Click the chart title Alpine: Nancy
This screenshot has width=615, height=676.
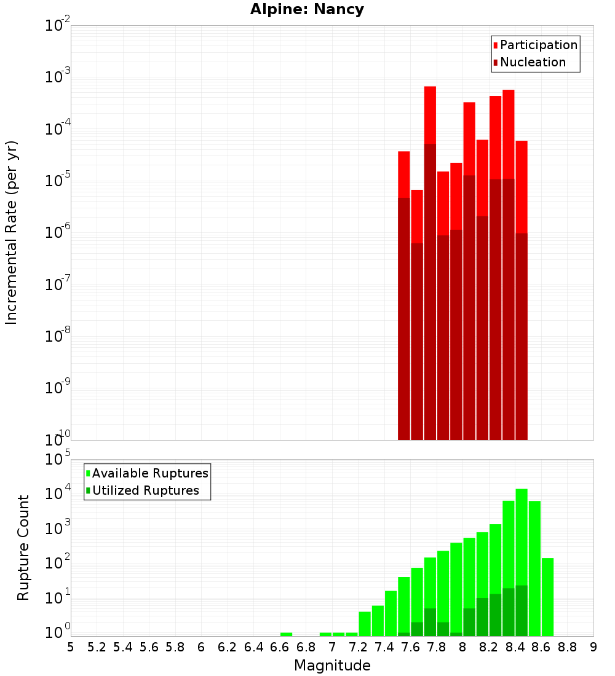(307, 10)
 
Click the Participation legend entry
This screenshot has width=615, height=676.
(538, 45)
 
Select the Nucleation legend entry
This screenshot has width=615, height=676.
(532, 62)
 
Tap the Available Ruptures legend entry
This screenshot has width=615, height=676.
(150, 473)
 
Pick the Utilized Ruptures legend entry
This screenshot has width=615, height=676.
(145, 490)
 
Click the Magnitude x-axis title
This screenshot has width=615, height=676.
(332, 666)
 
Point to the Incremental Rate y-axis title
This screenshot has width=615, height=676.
(12, 232)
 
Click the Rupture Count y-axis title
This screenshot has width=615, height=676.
(23, 547)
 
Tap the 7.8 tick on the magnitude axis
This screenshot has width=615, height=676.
(437, 647)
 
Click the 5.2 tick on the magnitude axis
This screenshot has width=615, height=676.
(97, 647)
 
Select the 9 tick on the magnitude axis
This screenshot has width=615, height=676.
(593, 647)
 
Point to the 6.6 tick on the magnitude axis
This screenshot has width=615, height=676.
(280, 647)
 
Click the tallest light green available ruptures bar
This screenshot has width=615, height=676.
(522, 553)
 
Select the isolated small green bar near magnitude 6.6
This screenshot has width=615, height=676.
(286, 634)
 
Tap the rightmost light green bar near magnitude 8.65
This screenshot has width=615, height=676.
(547, 596)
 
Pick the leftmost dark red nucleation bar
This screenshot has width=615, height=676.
(404, 320)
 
